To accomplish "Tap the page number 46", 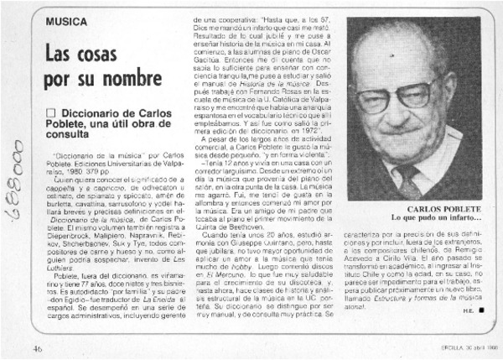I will [39, 348].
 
